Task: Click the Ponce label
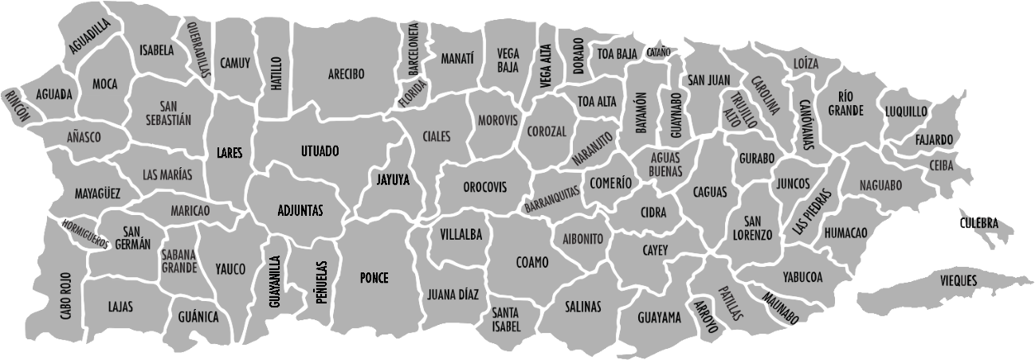click(x=374, y=278)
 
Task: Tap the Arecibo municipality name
click(x=346, y=74)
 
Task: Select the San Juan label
click(x=708, y=80)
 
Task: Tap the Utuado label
click(x=320, y=151)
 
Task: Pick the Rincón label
click(x=17, y=106)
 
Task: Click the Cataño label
click(x=659, y=52)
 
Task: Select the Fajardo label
click(x=934, y=140)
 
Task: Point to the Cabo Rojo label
click(x=65, y=295)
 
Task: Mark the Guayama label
click(x=659, y=318)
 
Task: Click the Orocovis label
click(x=484, y=187)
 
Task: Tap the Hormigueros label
click(x=85, y=234)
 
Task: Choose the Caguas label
click(x=709, y=192)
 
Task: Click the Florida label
click(x=414, y=96)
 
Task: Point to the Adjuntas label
click(x=300, y=210)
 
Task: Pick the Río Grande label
click(x=845, y=104)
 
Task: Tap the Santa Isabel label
click(x=506, y=319)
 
